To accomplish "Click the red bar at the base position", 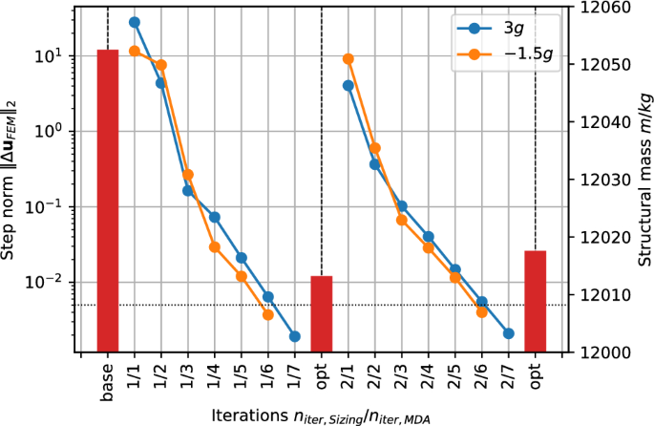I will pyautogui.click(x=108, y=201).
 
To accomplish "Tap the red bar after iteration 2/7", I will pyautogui.click(x=535, y=301).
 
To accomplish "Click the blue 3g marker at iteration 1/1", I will pyautogui.click(x=135, y=22).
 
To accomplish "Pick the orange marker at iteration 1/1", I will pyautogui.click(x=135, y=51).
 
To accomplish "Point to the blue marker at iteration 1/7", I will pyautogui.click(x=295, y=336).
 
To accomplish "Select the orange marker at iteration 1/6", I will pyautogui.click(x=268, y=314).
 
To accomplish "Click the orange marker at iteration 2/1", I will pyautogui.click(x=348, y=59).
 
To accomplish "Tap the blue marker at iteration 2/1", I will pyautogui.click(x=348, y=85).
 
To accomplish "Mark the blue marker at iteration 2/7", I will pyautogui.click(x=508, y=333).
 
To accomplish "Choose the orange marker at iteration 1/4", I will pyautogui.click(x=215, y=246).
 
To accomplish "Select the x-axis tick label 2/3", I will pyautogui.click(x=402, y=373).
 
